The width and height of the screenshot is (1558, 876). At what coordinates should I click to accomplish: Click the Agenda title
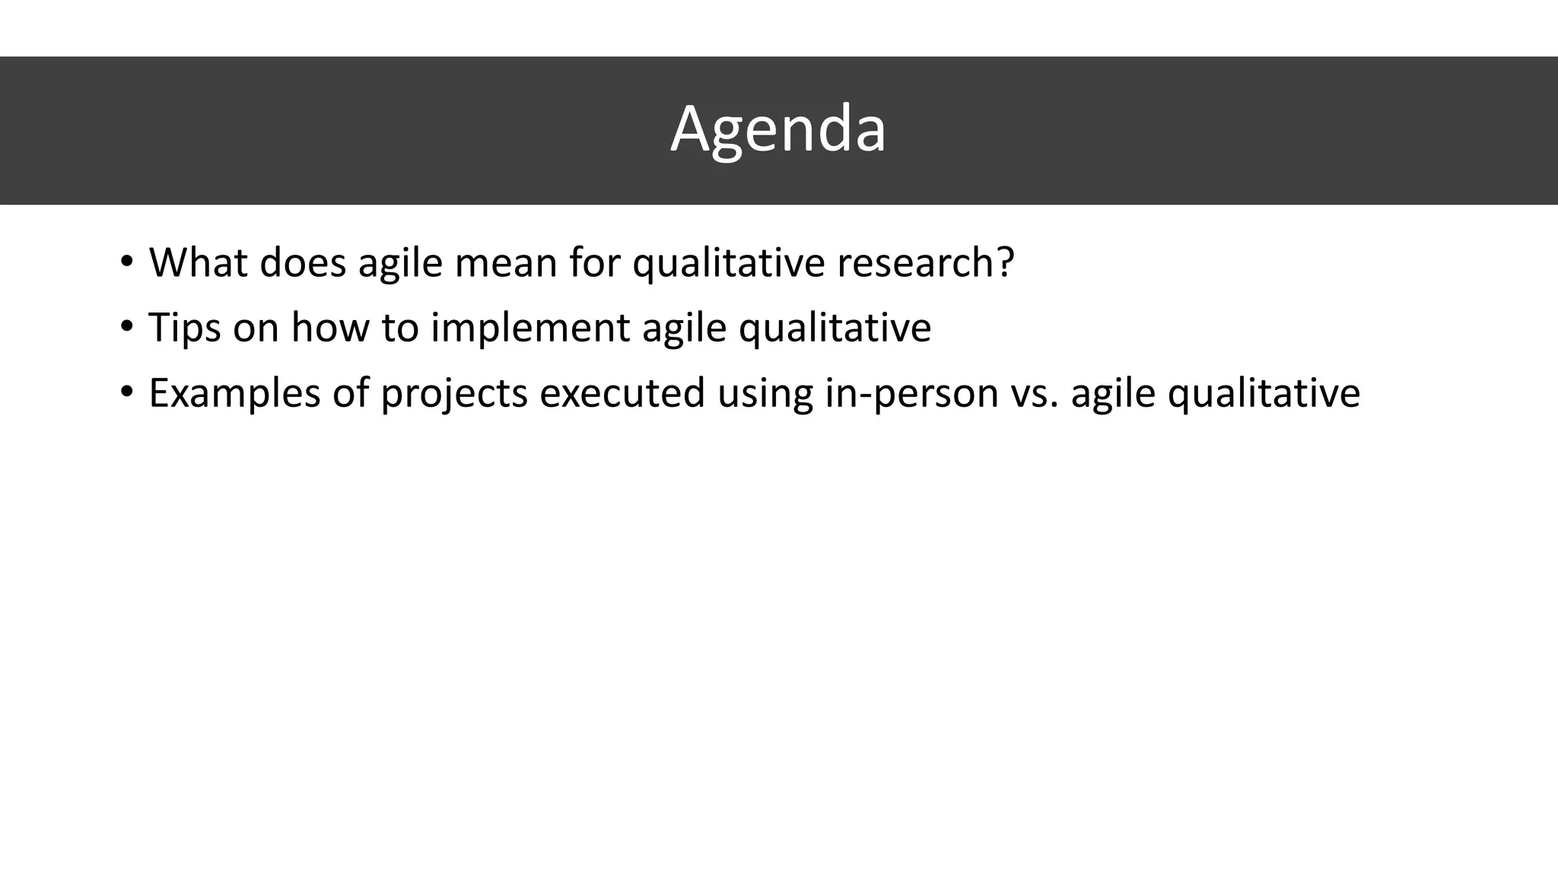777,129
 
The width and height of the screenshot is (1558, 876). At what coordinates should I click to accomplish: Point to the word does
303,262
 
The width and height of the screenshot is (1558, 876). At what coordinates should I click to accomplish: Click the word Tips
184,328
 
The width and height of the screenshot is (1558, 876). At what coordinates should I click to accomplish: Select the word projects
453,393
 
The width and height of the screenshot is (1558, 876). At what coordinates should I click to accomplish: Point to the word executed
622,393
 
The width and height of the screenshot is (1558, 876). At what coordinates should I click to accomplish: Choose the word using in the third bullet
765,393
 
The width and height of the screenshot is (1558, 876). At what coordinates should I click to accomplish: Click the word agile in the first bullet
400,262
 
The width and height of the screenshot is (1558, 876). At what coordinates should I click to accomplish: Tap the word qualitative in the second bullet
835,328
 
